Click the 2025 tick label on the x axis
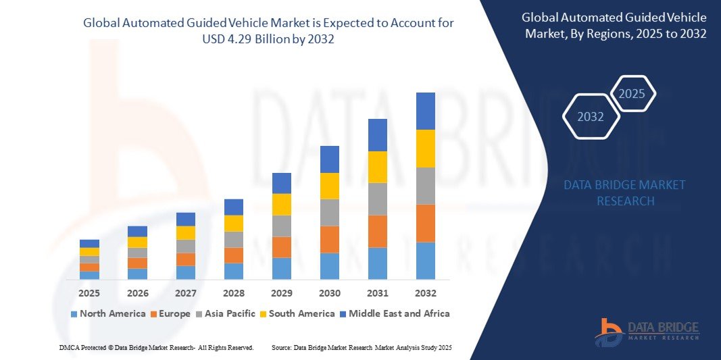[x=89, y=293]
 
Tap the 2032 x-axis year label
[x=426, y=293]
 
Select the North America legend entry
[x=108, y=313]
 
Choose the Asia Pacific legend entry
[x=226, y=313]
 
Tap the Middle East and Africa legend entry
[x=395, y=313]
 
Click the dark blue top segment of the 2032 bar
[x=426, y=111]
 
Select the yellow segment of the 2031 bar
[x=378, y=167]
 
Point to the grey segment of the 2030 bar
[x=329, y=212]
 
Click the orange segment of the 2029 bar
[x=281, y=247]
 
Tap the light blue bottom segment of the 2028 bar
[x=233, y=271]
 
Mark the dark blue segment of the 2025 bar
[x=89, y=243]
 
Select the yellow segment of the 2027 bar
[x=185, y=232]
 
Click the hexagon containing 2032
[x=591, y=117]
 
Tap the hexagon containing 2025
[x=632, y=94]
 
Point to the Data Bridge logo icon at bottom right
[x=608, y=332]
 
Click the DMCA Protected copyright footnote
[x=156, y=347]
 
